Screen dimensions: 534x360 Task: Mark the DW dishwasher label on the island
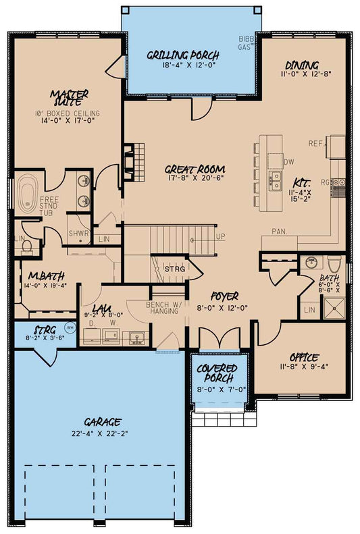coord(288,162)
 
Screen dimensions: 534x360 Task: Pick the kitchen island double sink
coord(275,179)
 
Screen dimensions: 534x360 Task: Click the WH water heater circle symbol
coord(68,327)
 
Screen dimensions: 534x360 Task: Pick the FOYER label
coord(224,296)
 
